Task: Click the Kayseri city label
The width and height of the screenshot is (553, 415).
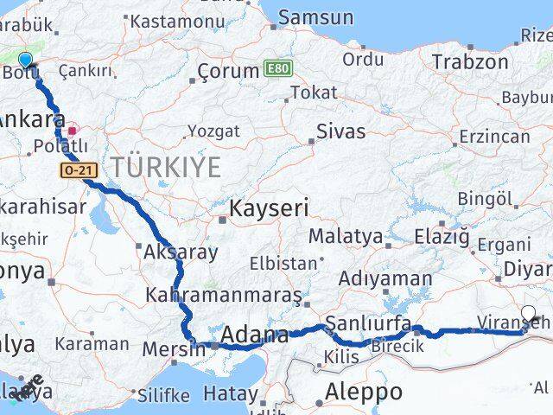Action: tap(268, 208)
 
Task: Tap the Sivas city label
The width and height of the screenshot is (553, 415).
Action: tap(340, 132)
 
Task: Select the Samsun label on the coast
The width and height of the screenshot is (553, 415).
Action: tap(316, 16)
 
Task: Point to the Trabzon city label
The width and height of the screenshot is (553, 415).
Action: tap(469, 61)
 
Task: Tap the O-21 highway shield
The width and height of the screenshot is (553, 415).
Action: tap(74, 171)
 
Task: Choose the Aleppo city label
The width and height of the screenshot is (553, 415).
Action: tap(363, 392)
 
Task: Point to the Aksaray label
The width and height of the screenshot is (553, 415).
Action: tap(181, 253)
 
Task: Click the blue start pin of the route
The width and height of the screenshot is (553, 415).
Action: tap(25, 59)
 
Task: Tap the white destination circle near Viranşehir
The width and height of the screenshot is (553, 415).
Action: tap(529, 314)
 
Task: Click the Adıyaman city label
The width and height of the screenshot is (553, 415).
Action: tap(385, 278)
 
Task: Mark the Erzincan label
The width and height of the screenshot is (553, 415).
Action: tap(488, 137)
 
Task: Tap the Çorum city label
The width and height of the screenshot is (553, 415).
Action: tap(228, 71)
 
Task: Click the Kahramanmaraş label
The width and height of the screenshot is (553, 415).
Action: tap(223, 294)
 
